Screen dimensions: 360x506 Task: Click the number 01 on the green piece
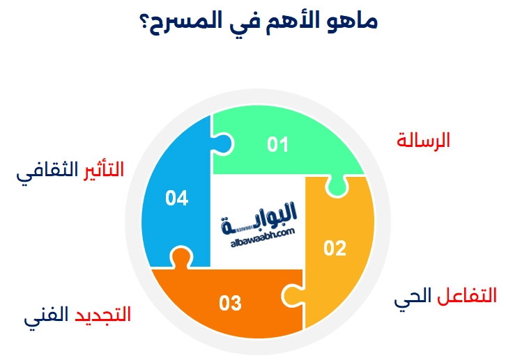(x=277, y=144)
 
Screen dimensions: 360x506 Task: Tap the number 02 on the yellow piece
(x=335, y=248)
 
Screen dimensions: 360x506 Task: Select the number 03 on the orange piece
(x=230, y=304)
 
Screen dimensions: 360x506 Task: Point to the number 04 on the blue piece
(x=177, y=199)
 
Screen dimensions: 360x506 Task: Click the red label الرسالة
(x=423, y=140)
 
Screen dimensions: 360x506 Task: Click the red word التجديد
(x=103, y=315)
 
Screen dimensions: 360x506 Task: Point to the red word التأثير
(x=102, y=169)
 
